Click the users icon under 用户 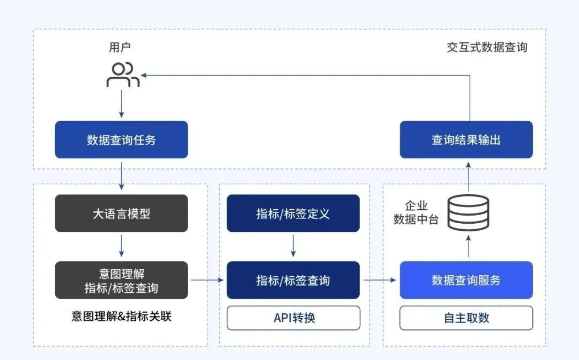[x=123, y=75]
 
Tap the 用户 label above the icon [x=120, y=47]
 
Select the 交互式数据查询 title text [x=487, y=47]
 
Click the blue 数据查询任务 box [x=121, y=140]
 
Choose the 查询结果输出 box [x=466, y=140]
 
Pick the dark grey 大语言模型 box [x=121, y=214]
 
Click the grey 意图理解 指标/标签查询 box [x=121, y=280]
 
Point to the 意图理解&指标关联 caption [x=121, y=317]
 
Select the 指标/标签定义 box [x=293, y=214]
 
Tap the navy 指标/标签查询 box [x=293, y=280]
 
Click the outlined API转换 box [x=293, y=318]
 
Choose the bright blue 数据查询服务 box [x=466, y=280]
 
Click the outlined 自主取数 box [x=466, y=318]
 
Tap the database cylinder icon [x=469, y=212]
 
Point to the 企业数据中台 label [x=416, y=212]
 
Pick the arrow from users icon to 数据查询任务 [x=122, y=103]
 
